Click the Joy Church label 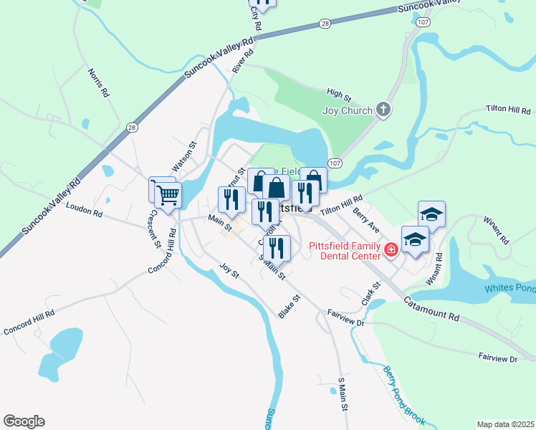(x=348, y=110)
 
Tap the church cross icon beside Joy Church (x=384, y=110)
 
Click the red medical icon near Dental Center (x=391, y=250)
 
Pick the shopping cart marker (x=167, y=194)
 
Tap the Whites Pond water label (x=509, y=288)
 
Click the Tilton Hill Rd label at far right (x=507, y=111)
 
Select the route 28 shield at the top (x=325, y=24)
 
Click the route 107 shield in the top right (x=423, y=22)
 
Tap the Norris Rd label (x=98, y=82)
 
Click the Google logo (x=24, y=421)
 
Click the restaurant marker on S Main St (x=277, y=248)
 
